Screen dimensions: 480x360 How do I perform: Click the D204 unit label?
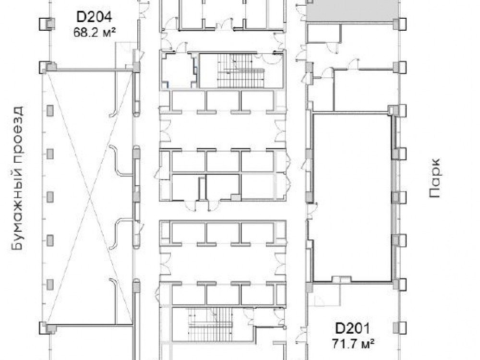point(94,17)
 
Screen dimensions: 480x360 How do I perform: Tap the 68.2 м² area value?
point(95,32)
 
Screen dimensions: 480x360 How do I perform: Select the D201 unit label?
point(352,328)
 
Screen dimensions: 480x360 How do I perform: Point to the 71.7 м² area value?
point(353,344)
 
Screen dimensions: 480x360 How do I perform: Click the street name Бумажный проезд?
point(17,178)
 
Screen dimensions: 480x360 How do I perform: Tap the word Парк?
point(435,178)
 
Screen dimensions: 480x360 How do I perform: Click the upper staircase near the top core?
point(240,71)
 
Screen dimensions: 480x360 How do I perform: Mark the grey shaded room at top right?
point(353,11)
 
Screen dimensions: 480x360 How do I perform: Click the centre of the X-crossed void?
point(90,197)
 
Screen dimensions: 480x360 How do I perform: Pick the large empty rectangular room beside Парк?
point(352,197)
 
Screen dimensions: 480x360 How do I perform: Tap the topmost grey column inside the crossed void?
point(50,110)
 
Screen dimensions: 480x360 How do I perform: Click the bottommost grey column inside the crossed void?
point(50,285)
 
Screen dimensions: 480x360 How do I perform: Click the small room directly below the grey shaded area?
point(324,33)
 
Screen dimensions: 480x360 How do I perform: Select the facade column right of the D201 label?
point(399,327)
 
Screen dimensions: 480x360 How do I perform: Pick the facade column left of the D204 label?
point(47,24)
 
